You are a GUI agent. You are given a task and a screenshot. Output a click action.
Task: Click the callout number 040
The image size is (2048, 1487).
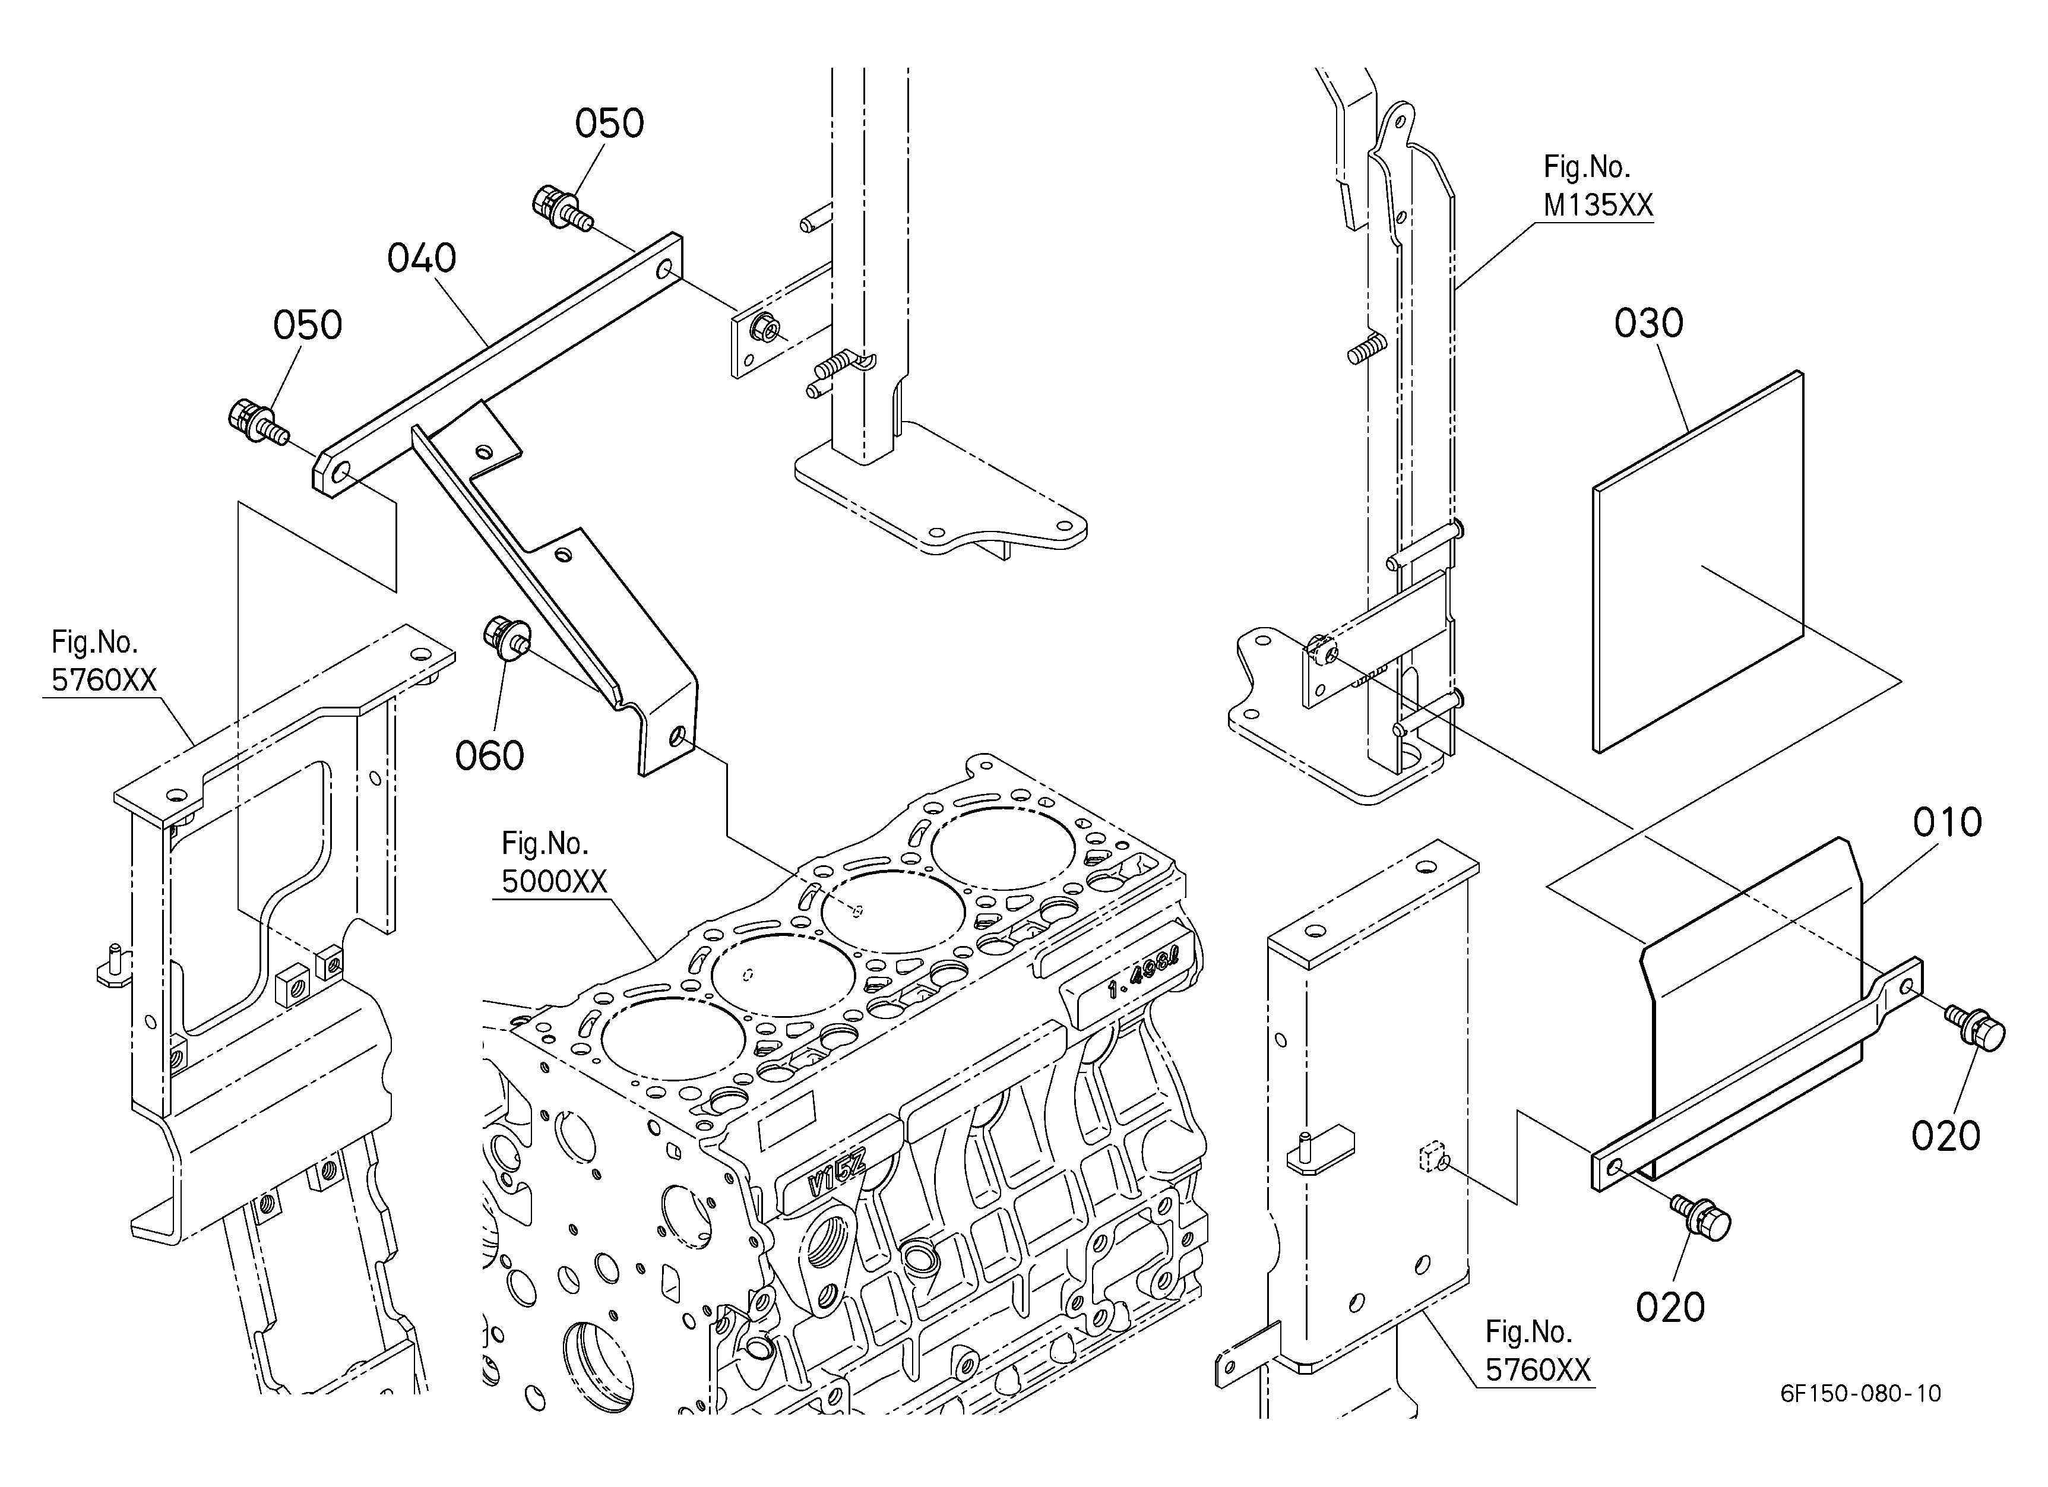click(x=422, y=259)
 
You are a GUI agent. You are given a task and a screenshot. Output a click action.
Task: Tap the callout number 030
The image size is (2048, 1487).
click(x=1649, y=323)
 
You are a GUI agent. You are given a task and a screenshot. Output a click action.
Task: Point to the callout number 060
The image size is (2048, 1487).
click(x=489, y=756)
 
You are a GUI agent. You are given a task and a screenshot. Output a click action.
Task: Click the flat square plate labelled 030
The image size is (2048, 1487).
click(x=1698, y=562)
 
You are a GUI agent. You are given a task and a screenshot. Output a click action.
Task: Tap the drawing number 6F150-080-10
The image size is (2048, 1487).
click(x=1860, y=1393)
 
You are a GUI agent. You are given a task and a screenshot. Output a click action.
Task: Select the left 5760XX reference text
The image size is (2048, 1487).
click(x=104, y=680)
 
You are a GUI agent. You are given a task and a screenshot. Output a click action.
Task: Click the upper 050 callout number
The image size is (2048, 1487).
click(x=609, y=124)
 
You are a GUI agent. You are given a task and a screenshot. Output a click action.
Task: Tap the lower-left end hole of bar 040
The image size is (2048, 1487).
click(x=342, y=474)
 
